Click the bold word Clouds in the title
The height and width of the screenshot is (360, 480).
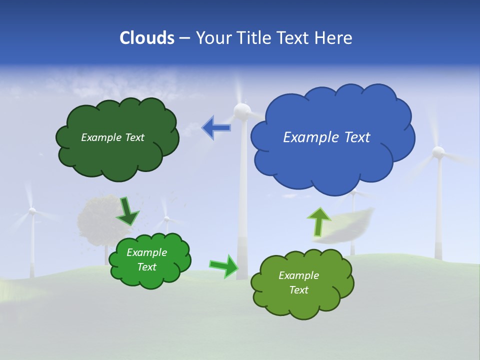pos(147,38)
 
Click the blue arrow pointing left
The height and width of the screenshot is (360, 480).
pos(216,128)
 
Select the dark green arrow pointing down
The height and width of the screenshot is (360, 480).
pos(127,211)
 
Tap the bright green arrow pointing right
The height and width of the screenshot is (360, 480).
pos(224,266)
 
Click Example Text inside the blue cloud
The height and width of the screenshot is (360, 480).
pos(326,137)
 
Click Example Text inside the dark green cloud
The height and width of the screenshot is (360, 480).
pos(112,137)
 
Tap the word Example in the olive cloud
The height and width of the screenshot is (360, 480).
pos(298,275)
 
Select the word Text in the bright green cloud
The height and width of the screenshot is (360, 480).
pos(146,267)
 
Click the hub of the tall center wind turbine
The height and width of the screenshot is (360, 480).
pos(242,110)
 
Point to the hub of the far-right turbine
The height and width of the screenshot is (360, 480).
pos(438,152)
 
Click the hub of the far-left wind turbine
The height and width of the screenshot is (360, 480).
pos(32,211)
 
